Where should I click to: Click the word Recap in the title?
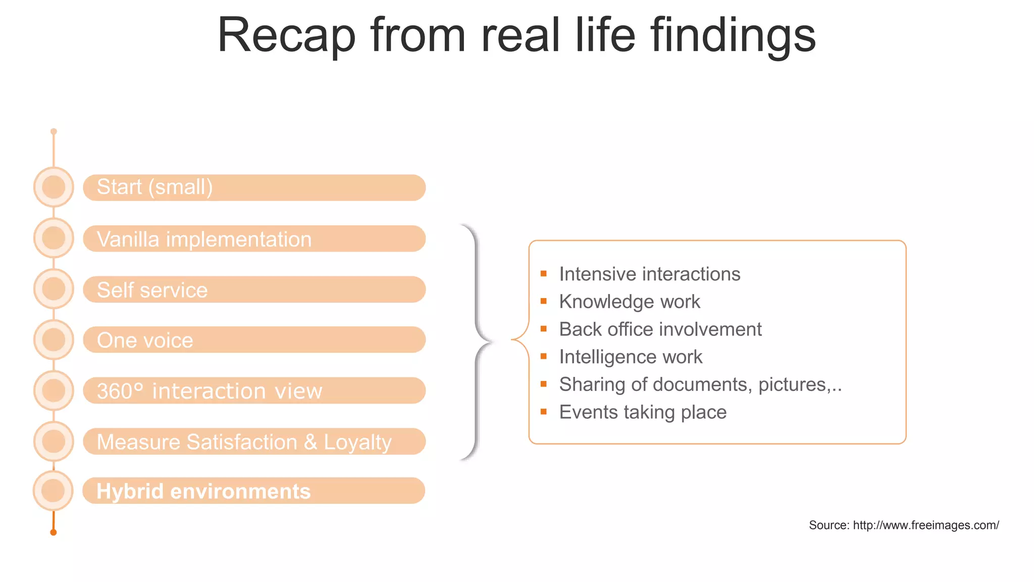(286, 35)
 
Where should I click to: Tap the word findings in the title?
(733, 35)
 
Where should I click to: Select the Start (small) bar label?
(154, 187)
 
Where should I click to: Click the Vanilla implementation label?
(204, 239)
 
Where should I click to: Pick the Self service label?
(152, 290)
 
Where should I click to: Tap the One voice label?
(145, 341)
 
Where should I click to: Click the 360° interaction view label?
(209, 391)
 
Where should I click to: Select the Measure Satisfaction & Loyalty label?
(244, 442)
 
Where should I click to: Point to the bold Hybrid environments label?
(203, 491)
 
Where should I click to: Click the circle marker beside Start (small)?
(54, 187)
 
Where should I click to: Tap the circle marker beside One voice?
(54, 339)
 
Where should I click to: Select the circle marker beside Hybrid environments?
(53, 491)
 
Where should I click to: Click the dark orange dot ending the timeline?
(54, 532)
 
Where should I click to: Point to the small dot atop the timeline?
(54, 131)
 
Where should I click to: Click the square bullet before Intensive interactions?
(544, 274)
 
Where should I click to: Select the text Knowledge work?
(629, 302)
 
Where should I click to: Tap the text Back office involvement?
(660, 329)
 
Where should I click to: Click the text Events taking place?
(642, 412)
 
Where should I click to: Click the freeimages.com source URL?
(925, 525)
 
